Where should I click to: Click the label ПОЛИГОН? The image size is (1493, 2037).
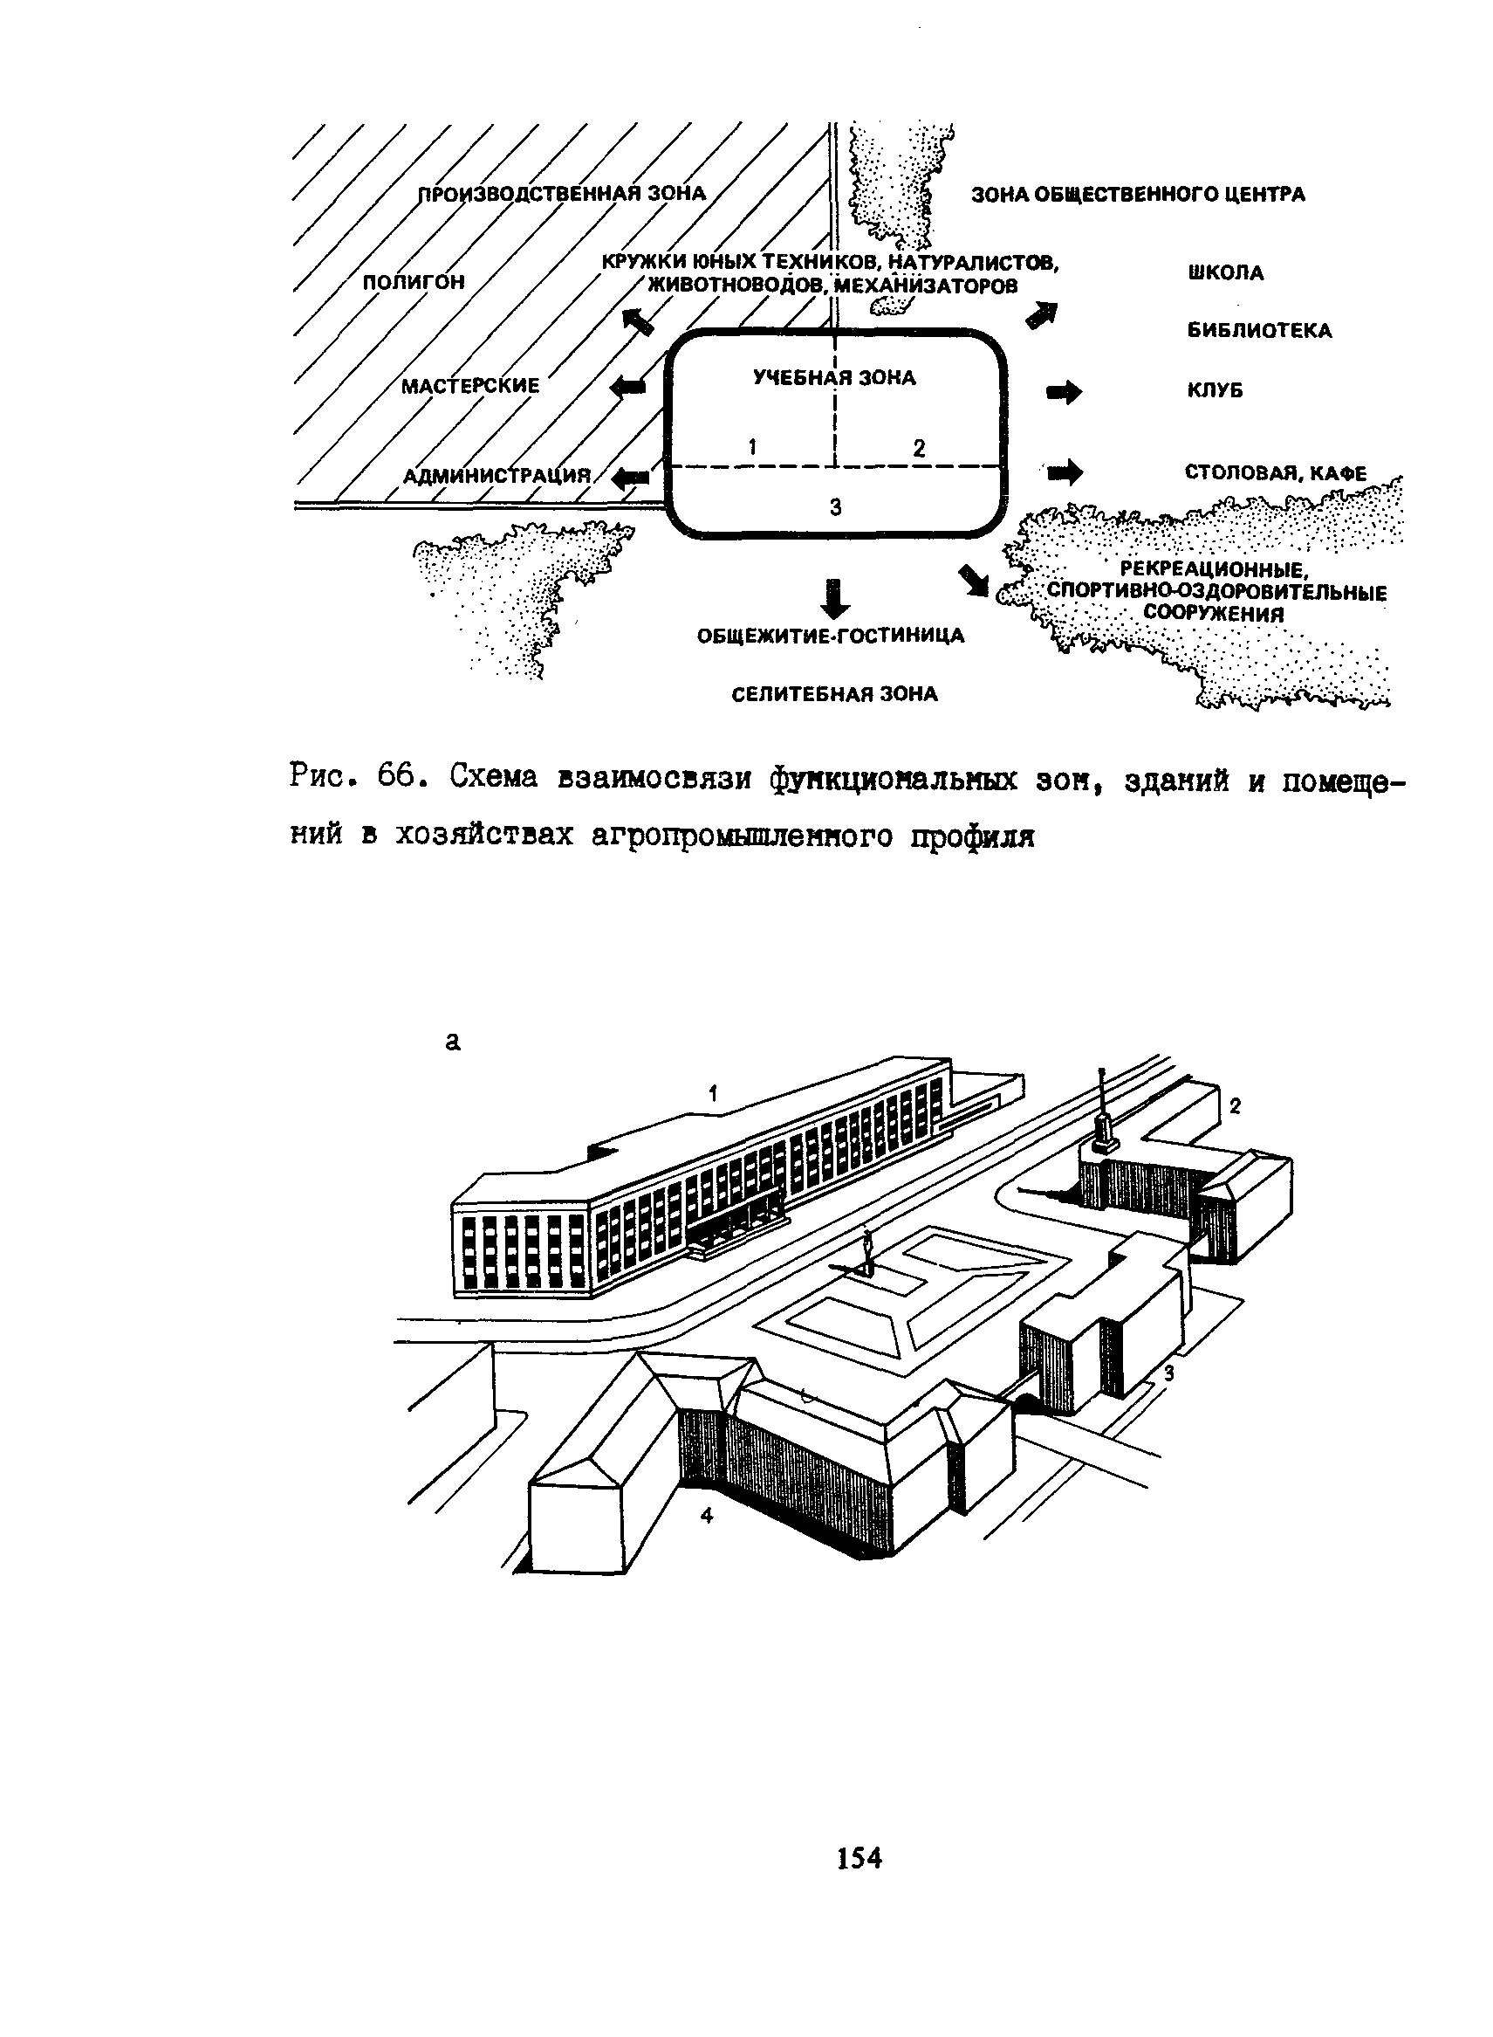(x=414, y=282)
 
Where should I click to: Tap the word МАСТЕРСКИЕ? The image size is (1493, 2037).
(x=470, y=386)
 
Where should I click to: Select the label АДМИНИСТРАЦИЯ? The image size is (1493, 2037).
(x=497, y=476)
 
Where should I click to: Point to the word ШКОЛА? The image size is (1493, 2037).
(x=1225, y=273)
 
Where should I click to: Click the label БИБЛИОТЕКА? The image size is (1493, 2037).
(x=1259, y=331)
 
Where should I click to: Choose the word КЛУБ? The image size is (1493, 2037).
(x=1215, y=390)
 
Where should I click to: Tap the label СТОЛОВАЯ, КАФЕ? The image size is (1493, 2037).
(x=1275, y=473)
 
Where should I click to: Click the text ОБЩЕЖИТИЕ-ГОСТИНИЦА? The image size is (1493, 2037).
(x=831, y=637)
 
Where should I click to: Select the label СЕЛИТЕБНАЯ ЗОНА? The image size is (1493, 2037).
(x=834, y=694)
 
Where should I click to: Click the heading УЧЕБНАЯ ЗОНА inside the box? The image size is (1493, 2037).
(x=834, y=378)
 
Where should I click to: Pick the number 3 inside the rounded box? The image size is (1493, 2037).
(x=835, y=508)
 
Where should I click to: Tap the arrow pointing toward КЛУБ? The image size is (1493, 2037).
(x=1063, y=392)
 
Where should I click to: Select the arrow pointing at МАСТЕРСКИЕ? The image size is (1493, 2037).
(x=629, y=387)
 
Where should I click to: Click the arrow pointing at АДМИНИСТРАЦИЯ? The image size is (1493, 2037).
(x=630, y=478)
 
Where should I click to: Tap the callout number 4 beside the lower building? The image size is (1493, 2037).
(x=707, y=1517)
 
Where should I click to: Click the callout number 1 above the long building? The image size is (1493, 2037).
(x=713, y=1095)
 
